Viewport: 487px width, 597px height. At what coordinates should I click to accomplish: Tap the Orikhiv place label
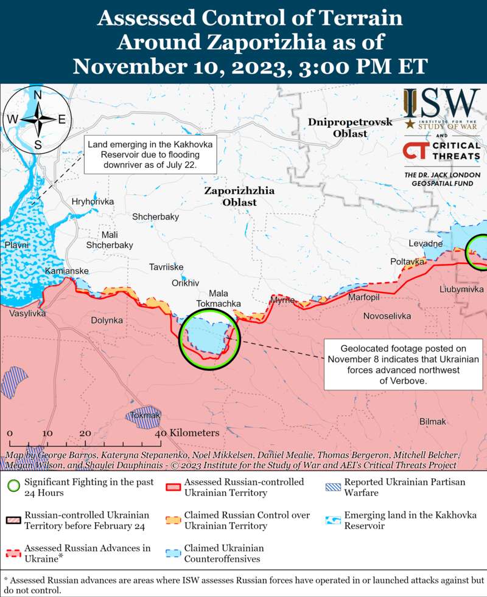coord(186,283)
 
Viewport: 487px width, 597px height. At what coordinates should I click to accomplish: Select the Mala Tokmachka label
coord(219,298)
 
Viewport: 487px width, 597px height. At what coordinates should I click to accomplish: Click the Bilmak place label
coord(433,421)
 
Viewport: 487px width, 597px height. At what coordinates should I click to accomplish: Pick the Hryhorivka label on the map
coord(93,201)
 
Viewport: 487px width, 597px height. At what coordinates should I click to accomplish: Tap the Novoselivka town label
coord(387,316)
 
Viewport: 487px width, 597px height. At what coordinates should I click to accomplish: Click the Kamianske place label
coord(67,271)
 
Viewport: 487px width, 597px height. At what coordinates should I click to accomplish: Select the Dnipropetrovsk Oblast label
coord(350,128)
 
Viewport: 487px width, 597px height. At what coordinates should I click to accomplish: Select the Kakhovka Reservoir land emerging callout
coord(151,154)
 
